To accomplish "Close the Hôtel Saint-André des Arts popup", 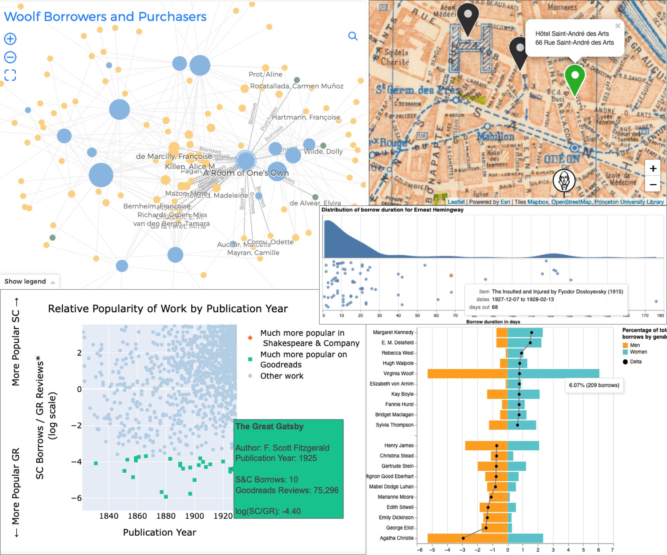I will click(618, 26).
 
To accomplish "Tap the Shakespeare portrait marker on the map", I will click(564, 180).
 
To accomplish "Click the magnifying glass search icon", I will click(353, 36).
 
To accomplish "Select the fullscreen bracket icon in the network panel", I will click(10, 75).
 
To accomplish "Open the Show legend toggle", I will click(29, 281).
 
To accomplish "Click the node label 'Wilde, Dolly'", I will click(323, 151).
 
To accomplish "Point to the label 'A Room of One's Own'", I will click(246, 173).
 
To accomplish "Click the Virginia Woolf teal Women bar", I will click(553, 373).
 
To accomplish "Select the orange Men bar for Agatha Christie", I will click(467, 538).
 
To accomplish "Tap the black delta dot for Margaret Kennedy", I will click(531, 333).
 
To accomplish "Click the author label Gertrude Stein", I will click(397, 466).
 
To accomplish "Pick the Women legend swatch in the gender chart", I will click(625, 352).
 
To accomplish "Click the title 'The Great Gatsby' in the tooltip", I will click(269, 426).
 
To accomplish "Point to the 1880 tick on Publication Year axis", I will click(166, 516).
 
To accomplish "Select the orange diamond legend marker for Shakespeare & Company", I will click(250, 338).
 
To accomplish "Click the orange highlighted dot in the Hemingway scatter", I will click(451, 276).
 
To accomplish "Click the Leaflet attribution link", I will click(456, 202).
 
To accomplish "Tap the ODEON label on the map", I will click(561, 159).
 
